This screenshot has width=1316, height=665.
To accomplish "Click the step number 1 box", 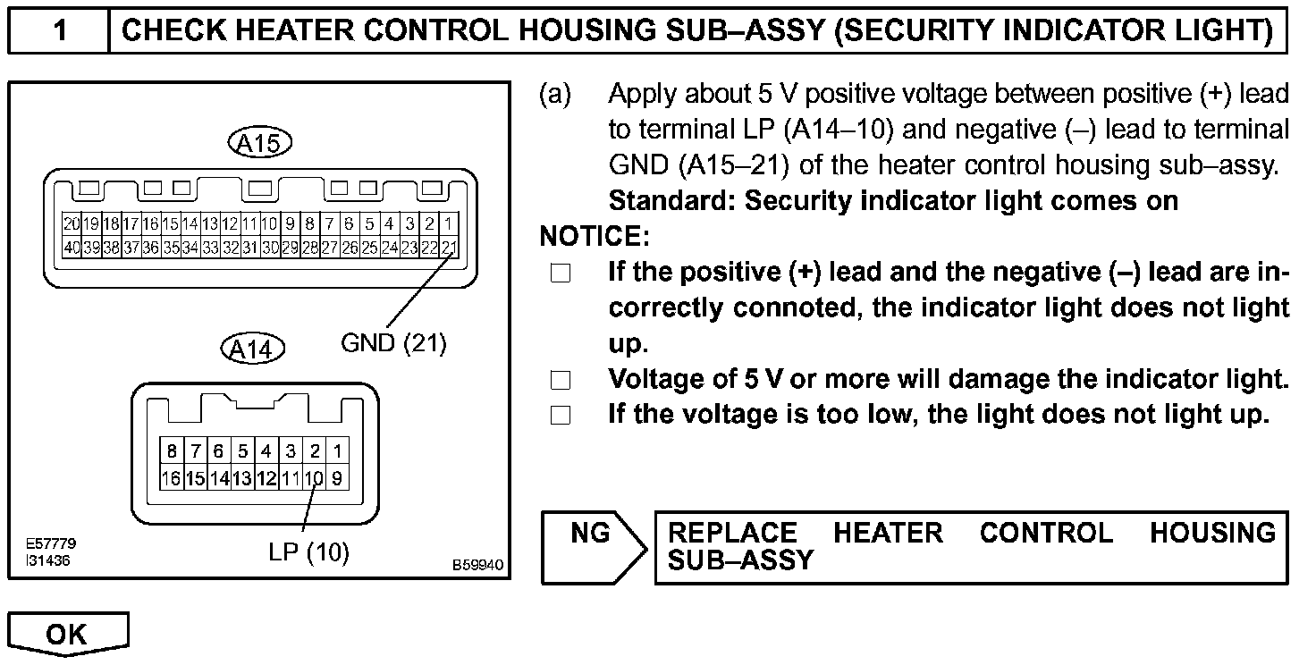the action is tap(59, 30).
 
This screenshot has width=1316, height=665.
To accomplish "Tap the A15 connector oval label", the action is tap(260, 143).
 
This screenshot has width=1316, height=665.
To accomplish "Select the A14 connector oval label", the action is tap(252, 349).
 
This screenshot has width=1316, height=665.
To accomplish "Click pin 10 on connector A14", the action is tap(314, 478).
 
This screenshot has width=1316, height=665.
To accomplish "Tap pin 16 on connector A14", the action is tap(171, 478).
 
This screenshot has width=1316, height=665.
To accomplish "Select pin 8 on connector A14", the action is tap(171, 451).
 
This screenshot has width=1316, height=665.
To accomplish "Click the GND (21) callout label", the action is tap(393, 342).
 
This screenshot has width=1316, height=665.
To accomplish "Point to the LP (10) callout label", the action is tap(309, 553).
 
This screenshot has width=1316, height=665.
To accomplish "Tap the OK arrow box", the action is tap(68, 635).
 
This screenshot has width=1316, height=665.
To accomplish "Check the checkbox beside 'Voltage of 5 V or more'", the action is tap(561, 380).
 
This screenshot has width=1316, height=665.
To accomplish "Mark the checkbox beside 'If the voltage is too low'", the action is tap(561, 416).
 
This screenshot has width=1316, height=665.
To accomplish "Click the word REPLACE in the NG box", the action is tap(732, 534).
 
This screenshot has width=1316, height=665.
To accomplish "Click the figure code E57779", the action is tap(51, 543).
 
